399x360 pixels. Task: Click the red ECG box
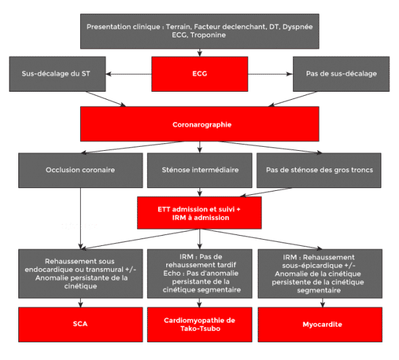(199, 74)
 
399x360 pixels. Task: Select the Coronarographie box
(199, 124)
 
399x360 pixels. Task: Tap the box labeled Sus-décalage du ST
(58, 74)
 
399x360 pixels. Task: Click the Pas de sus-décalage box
(341, 74)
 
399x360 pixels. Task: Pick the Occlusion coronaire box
(81, 170)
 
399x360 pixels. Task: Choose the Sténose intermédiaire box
(199, 170)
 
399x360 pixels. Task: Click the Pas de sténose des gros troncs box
(319, 170)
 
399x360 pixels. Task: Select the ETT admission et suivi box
(199, 213)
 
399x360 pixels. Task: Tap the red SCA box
(81, 325)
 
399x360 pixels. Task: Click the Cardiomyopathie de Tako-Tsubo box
(199, 325)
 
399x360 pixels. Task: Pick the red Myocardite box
(320, 325)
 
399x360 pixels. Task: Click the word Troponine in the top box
(208, 35)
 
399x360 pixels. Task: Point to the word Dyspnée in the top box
(297, 26)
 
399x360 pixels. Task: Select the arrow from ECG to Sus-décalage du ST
(129, 74)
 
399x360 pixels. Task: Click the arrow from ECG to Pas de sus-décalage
(271, 74)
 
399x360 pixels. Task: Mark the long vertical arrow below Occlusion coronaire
(81, 219)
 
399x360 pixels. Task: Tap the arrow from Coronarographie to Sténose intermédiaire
(199, 147)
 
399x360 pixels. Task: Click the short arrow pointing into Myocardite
(323, 303)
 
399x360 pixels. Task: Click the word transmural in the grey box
(104, 270)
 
